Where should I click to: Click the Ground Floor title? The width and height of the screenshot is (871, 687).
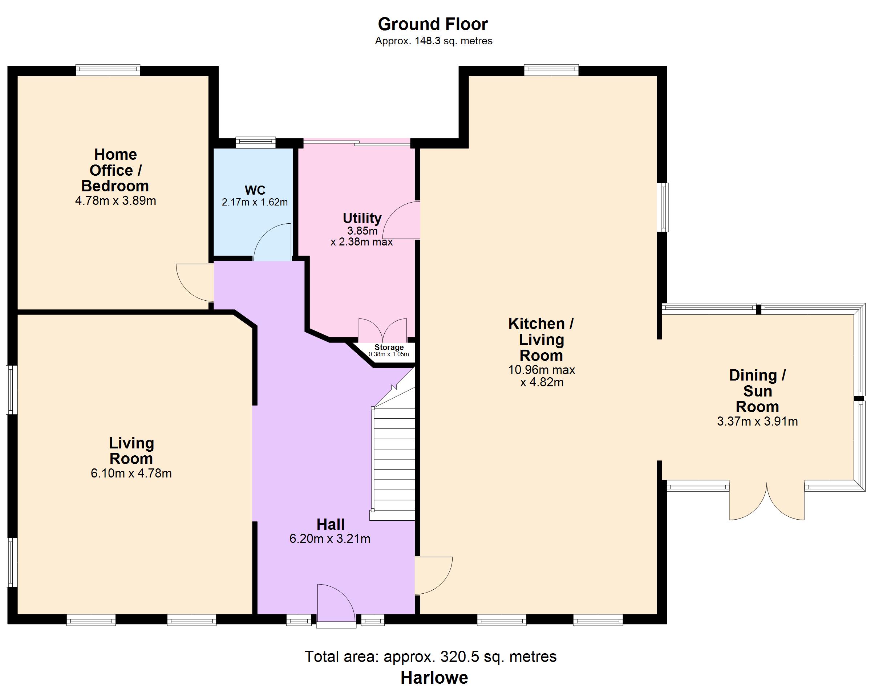point(433,24)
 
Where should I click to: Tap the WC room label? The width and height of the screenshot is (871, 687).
point(255,190)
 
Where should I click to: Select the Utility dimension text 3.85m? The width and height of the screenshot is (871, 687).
point(362,231)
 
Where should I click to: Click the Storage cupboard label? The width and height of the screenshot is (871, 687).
point(389,347)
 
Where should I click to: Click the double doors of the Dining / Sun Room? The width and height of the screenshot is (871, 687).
point(767,501)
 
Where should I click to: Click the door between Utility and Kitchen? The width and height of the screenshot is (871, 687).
point(401,220)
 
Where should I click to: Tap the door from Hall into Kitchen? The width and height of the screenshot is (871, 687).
point(434,576)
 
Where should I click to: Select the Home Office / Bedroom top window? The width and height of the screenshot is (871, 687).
point(108,70)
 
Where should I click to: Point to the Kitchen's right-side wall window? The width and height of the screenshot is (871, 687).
point(663,207)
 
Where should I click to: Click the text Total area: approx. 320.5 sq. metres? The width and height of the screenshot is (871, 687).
point(430,656)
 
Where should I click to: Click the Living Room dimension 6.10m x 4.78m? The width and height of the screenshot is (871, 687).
point(131,473)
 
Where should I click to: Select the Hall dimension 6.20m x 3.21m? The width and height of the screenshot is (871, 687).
point(330,538)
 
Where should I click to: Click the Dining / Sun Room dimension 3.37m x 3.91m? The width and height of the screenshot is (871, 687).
point(758,421)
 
